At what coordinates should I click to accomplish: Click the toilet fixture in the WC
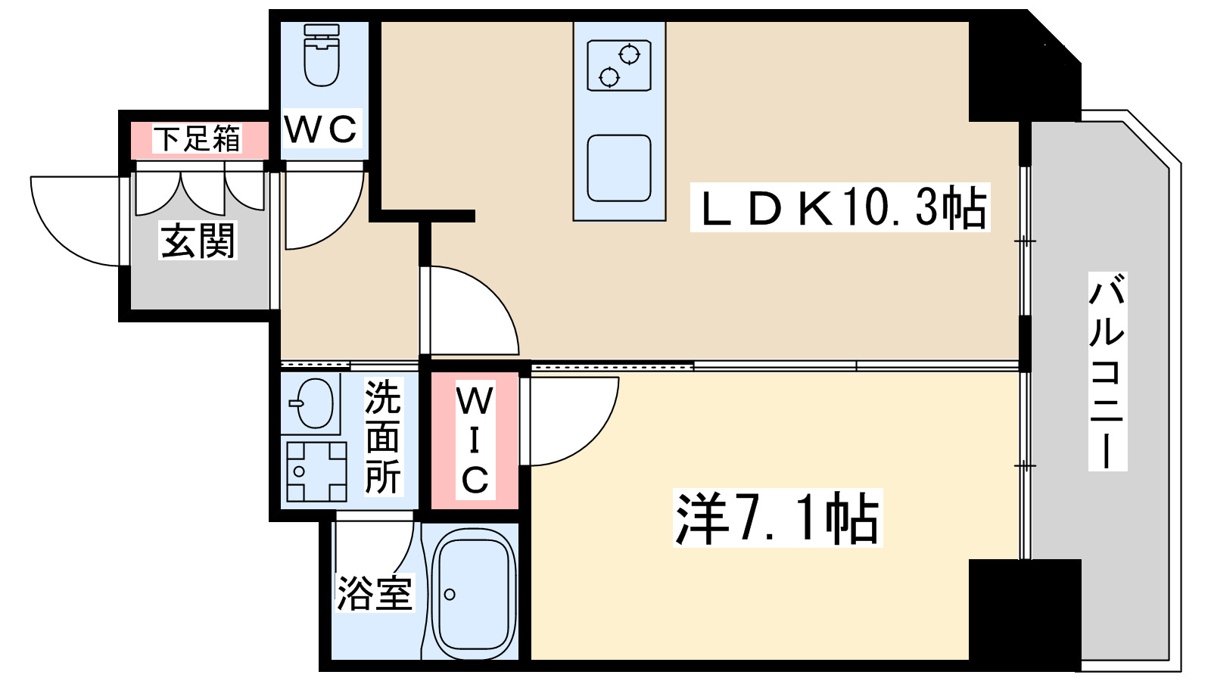tap(322, 56)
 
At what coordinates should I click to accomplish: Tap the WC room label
tap(322, 129)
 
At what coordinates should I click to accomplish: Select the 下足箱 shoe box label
tap(198, 139)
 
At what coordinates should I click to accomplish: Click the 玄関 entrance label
tap(198, 241)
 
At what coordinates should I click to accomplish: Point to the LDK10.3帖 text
tap(840, 208)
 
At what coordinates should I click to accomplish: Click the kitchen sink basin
tap(619, 168)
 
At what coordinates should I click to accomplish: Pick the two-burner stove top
tap(619, 66)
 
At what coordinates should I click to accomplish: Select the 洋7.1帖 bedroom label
tap(778, 518)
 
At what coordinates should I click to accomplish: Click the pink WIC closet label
tap(475, 440)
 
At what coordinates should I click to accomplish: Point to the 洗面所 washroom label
tap(382, 437)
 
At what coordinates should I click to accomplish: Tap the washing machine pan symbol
tap(316, 471)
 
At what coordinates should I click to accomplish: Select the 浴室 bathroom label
tap(375, 592)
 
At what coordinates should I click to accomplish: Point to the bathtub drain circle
tap(450, 595)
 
